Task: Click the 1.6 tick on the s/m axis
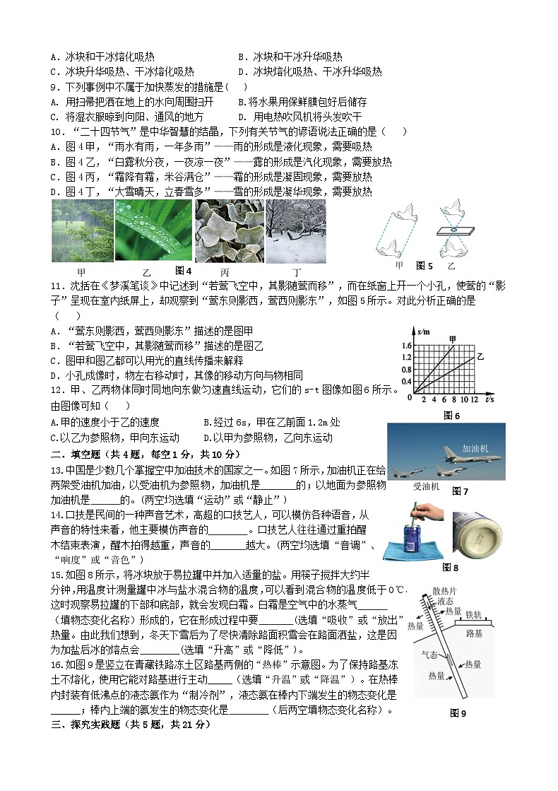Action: click(x=405, y=346)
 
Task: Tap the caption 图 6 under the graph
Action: click(x=451, y=416)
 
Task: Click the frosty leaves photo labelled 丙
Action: click(x=229, y=231)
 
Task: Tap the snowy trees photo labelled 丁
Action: click(x=296, y=231)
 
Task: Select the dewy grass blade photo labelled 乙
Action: click(x=153, y=231)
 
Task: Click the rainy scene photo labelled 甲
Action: click(x=82, y=231)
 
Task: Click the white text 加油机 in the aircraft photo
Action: click(x=475, y=448)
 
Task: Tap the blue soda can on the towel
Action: click(x=413, y=541)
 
